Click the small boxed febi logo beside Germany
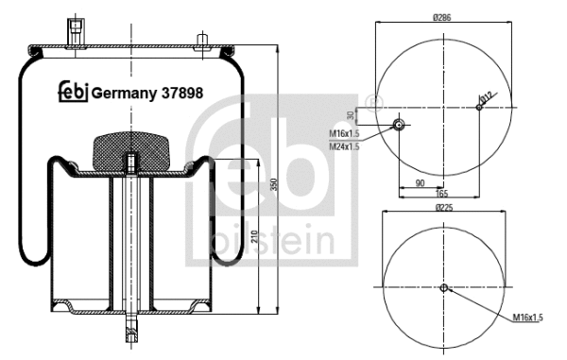pyautogui.click(x=74, y=92)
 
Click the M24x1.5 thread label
pyautogui.click(x=344, y=145)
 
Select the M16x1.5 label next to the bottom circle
pyautogui.click(x=528, y=318)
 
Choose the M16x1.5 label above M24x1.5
pyautogui.click(x=344, y=133)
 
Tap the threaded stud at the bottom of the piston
pyautogui.click(x=130, y=334)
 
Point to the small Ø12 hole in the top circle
pyautogui.click(x=479, y=107)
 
